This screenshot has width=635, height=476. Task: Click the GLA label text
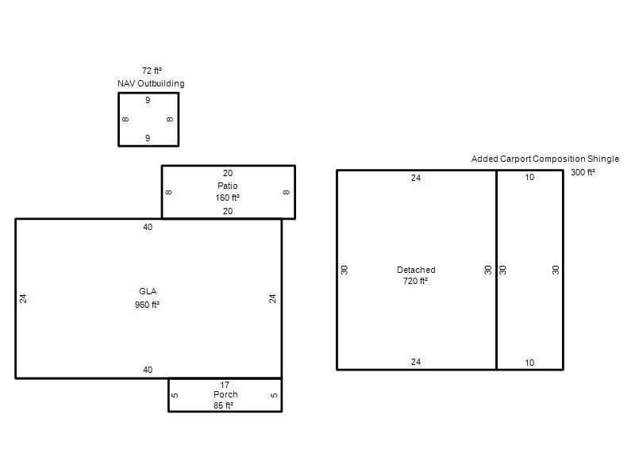(148, 291)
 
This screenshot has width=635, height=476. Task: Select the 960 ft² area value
(147, 305)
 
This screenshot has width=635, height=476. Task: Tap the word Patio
(228, 186)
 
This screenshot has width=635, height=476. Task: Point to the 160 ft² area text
(227, 198)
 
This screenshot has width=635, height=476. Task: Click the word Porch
(225, 394)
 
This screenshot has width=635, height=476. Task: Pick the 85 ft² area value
(224, 405)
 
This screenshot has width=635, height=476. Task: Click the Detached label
(416, 270)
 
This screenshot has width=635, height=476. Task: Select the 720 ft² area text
(415, 281)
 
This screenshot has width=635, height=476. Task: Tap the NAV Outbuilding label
(151, 83)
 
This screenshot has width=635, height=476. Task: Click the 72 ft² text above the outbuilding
(152, 71)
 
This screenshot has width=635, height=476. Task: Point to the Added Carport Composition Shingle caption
(545, 159)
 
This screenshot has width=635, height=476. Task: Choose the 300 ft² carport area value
(583, 172)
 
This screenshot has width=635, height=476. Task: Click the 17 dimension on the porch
(225, 385)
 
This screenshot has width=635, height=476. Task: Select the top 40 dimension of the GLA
(148, 227)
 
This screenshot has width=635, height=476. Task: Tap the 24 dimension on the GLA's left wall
(23, 299)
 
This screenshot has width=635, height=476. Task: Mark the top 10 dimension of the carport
(529, 177)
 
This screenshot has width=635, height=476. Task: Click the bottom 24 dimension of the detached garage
(416, 362)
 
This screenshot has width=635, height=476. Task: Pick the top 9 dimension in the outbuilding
(148, 100)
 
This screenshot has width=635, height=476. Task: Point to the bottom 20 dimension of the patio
(228, 211)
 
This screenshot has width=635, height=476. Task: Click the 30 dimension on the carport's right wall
(556, 270)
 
